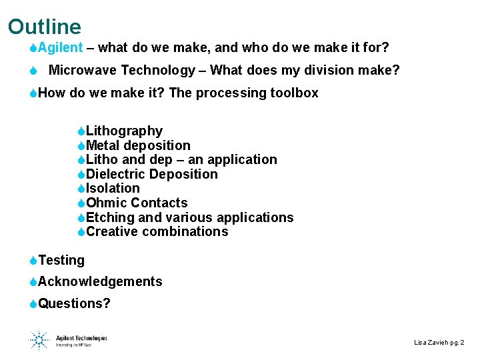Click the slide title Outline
coord(45,27)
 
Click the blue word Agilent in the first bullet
coord(61,48)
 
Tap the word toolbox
coord(294,93)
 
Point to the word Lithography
coord(124,131)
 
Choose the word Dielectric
coord(116,174)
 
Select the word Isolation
coord(113,189)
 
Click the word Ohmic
coord(107,203)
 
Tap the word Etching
coord(110,217)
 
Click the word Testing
coord(61,261)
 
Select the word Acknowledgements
coord(100,282)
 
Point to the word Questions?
coord(75,304)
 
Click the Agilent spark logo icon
coord(39,339)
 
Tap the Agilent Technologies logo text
coord(81,338)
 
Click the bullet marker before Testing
coord(33,261)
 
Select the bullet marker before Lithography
coord(81,131)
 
